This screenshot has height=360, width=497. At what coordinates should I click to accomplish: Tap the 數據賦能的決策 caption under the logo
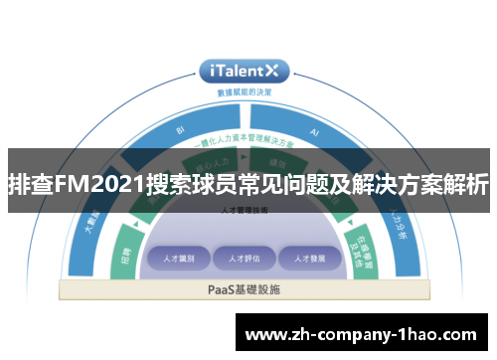click(245, 91)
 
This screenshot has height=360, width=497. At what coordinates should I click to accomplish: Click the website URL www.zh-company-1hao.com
click(366, 331)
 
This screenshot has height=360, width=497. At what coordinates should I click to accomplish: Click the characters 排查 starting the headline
click(30, 185)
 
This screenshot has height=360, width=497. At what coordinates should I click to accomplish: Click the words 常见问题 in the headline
click(279, 185)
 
